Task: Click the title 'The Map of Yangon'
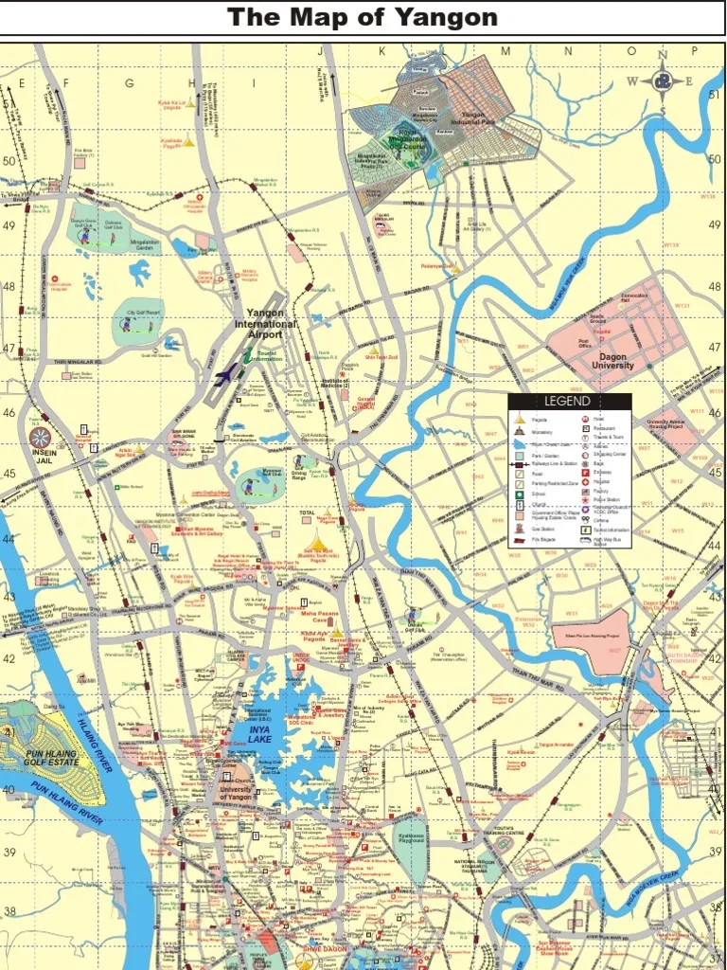(x=363, y=17)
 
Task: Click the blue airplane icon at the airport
(x=224, y=376)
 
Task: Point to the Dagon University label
(x=613, y=361)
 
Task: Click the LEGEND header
(x=568, y=402)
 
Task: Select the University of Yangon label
(x=236, y=793)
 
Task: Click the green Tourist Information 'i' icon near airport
(x=247, y=354)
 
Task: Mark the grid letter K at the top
(x=382, y=51)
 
